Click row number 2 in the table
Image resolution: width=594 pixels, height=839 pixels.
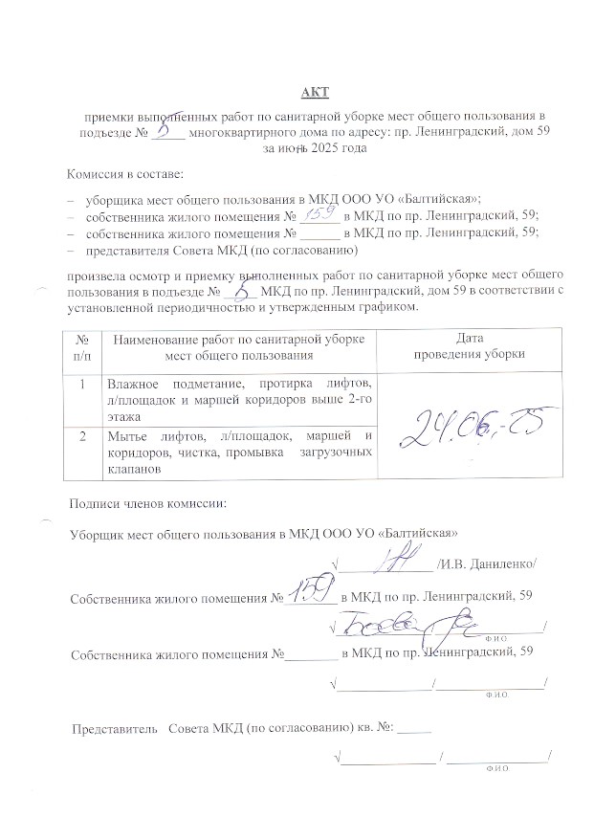84,437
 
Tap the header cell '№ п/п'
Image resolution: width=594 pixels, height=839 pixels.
83,346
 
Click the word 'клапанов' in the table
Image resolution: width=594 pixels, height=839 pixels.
134,470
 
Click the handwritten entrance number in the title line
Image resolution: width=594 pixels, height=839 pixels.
165,130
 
